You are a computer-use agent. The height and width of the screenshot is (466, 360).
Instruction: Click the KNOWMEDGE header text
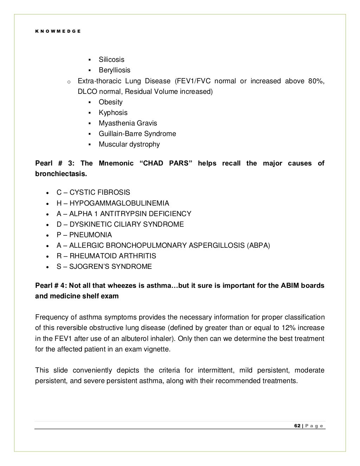(x=58, y=31)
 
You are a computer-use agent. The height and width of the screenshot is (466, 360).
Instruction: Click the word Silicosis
(x=111, y=59)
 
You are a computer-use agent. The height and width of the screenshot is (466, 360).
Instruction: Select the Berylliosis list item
(x=114, y=70)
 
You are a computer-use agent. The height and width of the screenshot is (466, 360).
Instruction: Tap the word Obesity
(x=110, y=102)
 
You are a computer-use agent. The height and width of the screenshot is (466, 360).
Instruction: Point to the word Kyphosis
(x=113, y=112)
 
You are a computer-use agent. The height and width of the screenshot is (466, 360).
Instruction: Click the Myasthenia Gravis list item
(x=128, y=123)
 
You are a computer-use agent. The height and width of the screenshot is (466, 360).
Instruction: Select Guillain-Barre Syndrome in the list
(x=137, y=134)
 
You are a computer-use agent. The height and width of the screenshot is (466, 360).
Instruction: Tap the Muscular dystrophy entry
(x=129, y=144)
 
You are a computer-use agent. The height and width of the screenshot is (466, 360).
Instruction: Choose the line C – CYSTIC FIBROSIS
(x=93, y=192)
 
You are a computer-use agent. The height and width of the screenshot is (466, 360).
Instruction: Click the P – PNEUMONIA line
(x=84, y=235)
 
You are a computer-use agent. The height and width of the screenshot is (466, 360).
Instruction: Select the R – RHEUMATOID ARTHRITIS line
(x=106, y=256)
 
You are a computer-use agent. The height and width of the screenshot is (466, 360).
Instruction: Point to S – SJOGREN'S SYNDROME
(x=104, y=266)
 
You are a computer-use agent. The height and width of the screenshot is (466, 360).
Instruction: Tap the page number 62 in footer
(x=297, y=426)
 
